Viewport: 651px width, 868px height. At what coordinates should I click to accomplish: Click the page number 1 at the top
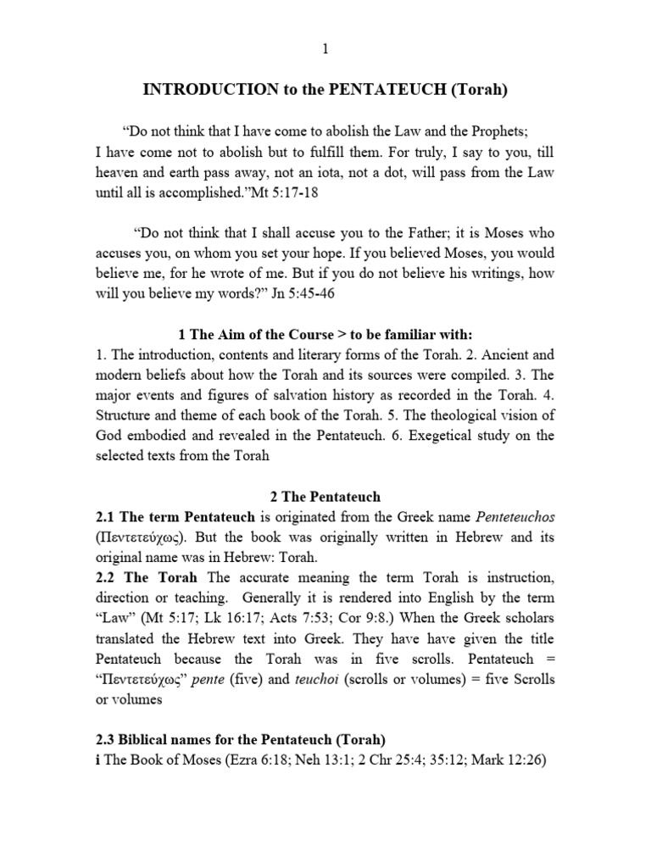[x=325, y=49]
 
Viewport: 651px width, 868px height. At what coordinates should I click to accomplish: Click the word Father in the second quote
[x=410, y=233]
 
